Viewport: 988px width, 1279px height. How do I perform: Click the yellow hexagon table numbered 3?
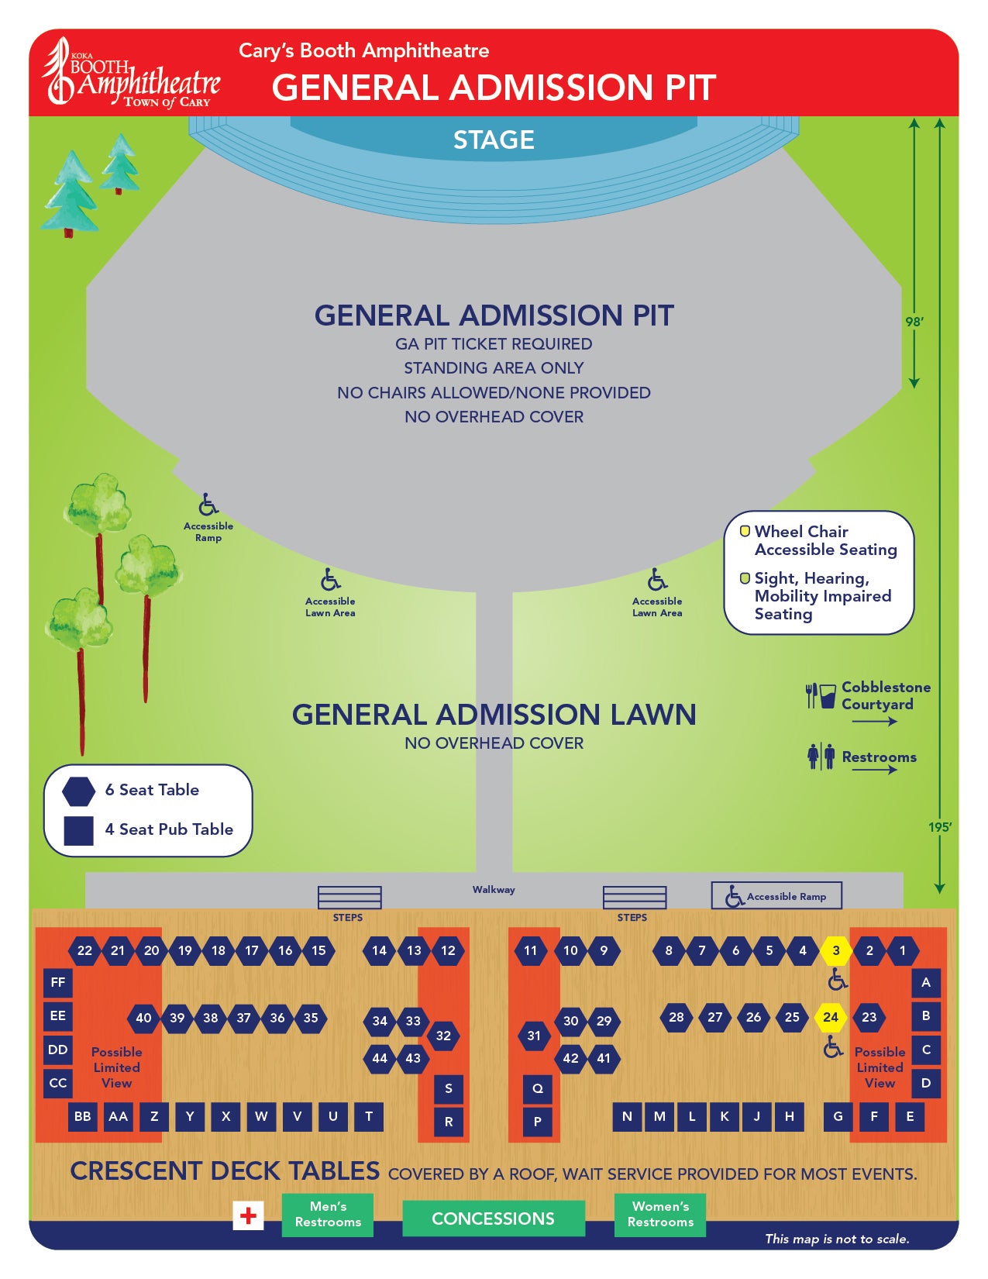(835, 950)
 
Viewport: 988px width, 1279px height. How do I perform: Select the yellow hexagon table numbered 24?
(830, 1016)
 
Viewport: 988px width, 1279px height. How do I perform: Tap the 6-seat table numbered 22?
(84, 950)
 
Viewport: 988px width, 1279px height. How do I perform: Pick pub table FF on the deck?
(57, 982)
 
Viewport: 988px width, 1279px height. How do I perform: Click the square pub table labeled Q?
(537, 1088)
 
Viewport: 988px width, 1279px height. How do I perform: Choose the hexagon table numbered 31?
(534, 1036)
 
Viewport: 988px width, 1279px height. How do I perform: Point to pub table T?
(369, 1116)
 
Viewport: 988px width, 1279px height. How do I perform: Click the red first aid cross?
(248, 1215)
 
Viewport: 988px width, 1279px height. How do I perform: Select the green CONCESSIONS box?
(493, 1218)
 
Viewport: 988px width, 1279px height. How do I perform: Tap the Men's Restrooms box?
(328, 1215)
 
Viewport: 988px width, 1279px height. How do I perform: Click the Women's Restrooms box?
(660, 1215)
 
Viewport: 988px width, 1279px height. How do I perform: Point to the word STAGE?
(494, 140)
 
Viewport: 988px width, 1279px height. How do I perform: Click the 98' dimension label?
(914, 322)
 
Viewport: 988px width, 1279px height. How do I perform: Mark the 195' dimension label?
(940, 827)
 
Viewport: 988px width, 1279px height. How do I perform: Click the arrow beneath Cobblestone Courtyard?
(874, 722)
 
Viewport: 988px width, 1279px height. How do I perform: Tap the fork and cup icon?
(821, 695)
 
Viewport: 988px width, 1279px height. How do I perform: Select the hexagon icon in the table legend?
(78, 791)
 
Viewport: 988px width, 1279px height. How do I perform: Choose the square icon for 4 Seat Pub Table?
(78, 830)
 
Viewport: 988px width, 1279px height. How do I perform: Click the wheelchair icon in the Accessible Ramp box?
(735, 896)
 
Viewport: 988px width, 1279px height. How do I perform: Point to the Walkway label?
(494, 889)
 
